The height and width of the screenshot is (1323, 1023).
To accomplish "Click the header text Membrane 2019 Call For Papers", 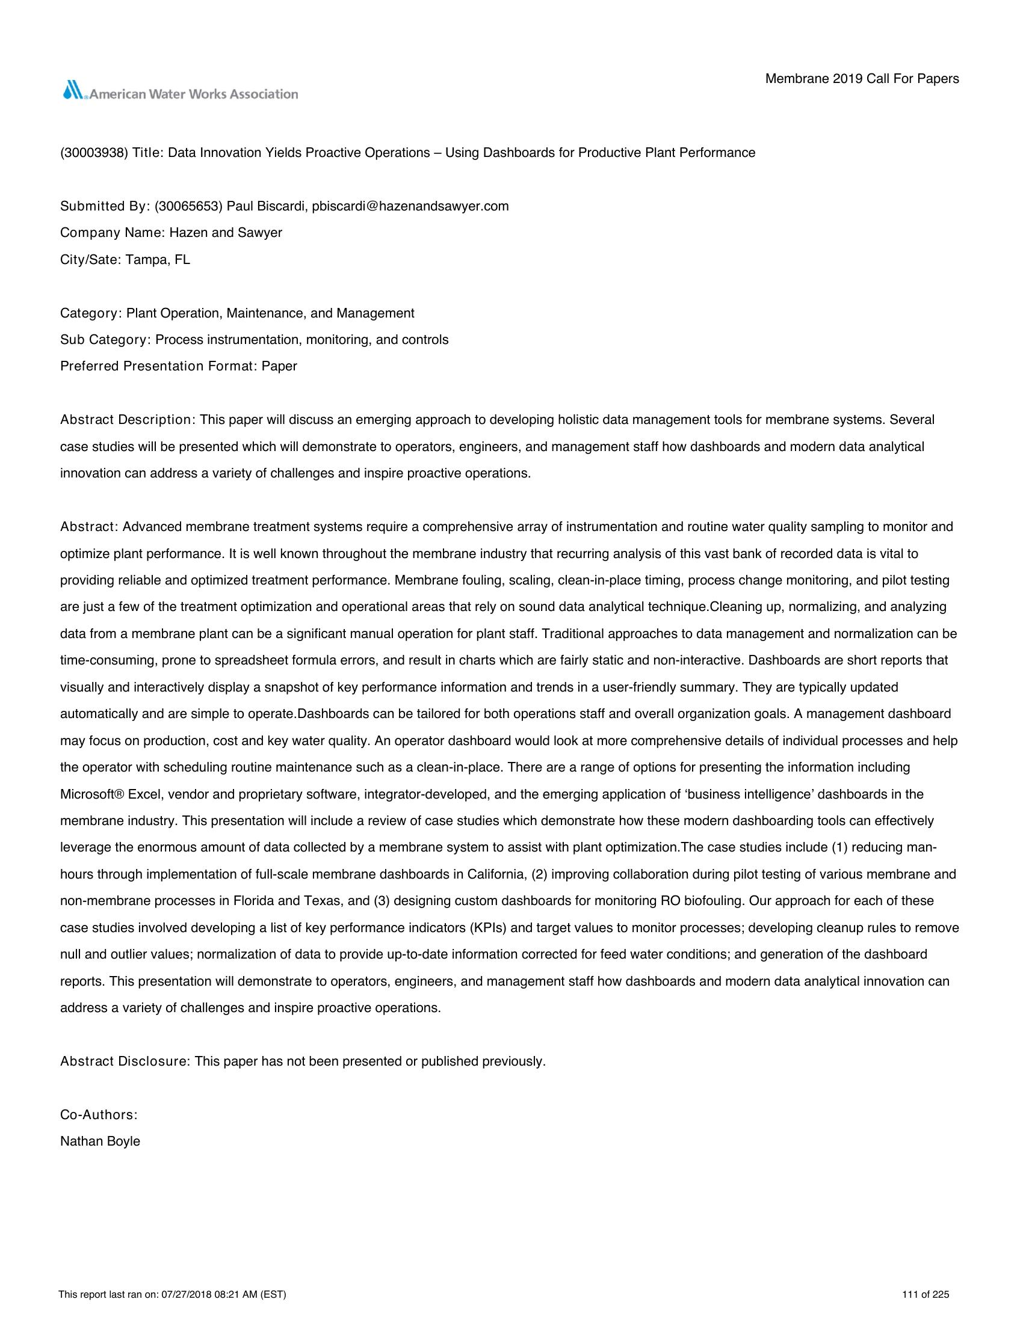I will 862,79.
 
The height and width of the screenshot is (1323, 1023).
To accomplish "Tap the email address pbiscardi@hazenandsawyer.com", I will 410,206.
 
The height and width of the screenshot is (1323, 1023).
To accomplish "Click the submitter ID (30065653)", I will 188,206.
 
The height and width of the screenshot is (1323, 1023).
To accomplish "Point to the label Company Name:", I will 113,233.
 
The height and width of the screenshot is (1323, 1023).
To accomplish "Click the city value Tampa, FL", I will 158,260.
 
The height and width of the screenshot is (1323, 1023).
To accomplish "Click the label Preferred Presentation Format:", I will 159,366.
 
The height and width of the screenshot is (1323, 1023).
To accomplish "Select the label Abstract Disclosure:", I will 125,1061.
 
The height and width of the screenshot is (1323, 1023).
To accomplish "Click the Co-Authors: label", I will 99,1114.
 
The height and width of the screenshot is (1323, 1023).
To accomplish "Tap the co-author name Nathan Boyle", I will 100,1141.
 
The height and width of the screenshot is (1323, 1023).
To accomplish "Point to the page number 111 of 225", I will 926,1295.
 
